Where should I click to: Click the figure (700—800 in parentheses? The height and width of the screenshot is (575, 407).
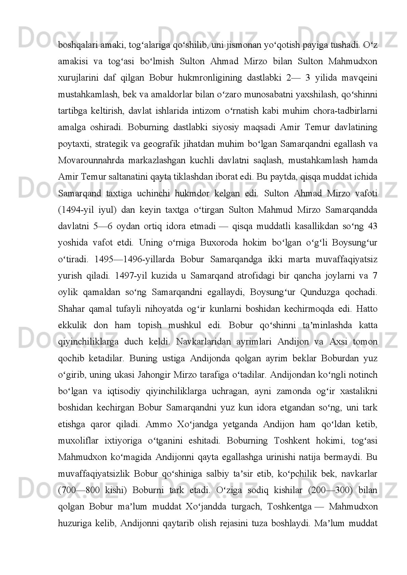point(79,490)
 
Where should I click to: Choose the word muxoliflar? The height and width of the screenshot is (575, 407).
point(77,440)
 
